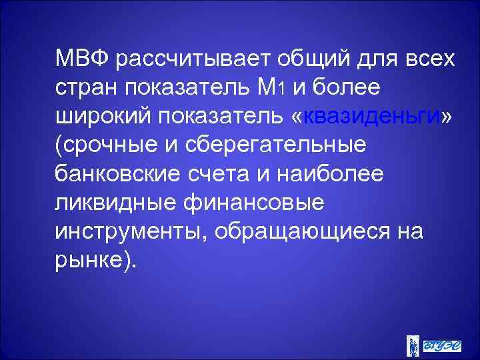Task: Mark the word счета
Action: coord(223,173)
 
